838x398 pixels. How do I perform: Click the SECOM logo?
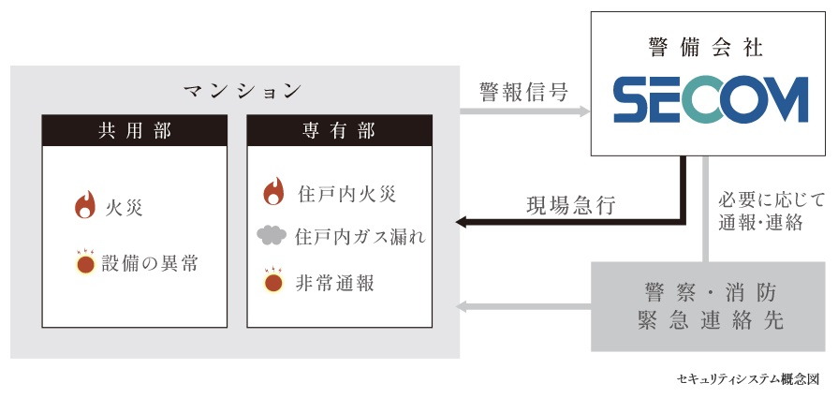tap(710, 100)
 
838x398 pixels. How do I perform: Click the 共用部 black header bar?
tap(136, 130)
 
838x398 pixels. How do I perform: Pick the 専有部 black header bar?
tap(339, 130)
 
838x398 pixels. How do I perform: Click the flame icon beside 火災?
tap(84, 205)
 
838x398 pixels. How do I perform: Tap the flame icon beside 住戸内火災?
tap(273, 192)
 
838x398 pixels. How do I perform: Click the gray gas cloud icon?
tap(272, 236)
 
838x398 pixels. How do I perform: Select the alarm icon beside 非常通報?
tap(273, 281)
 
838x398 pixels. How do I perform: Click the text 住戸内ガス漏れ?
tap(360, 237)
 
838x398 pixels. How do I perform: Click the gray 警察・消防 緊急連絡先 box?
tap(711, 305)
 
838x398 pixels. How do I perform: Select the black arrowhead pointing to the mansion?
tap(463, 222)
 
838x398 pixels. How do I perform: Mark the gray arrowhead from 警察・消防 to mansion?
tap(462, 305)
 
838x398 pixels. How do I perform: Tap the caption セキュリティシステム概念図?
tap(747, 380)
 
